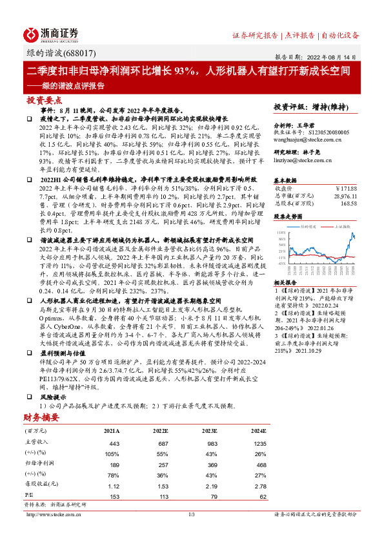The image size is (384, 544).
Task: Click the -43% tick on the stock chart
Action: coord(280,263)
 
